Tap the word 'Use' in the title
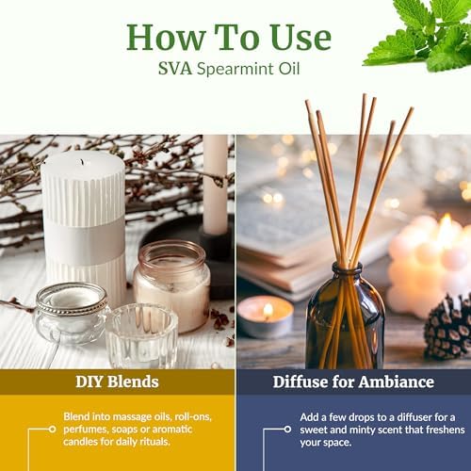300,38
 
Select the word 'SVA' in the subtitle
175,69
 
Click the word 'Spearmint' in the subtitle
235,70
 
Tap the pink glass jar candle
171,285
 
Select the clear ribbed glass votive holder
142,335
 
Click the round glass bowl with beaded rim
70,313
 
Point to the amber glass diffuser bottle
346,317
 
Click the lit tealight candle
266,317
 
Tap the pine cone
448,330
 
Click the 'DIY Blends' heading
117,382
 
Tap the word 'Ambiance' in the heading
397,382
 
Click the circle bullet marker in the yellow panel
53,429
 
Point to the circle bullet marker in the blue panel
287,429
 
